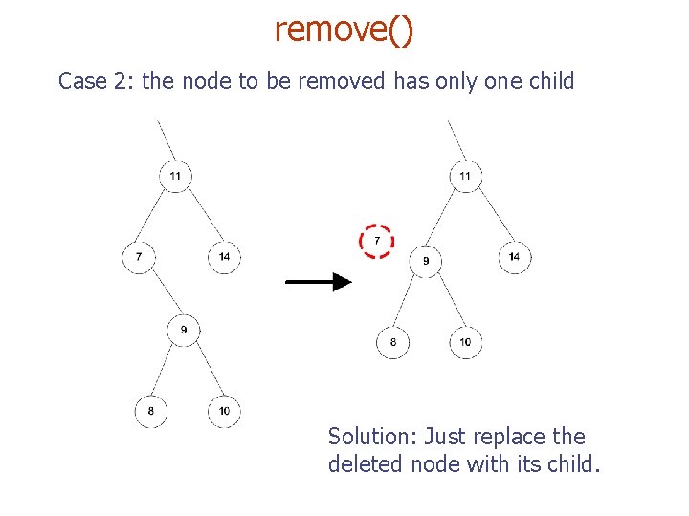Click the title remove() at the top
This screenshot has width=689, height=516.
(x=344, y=31)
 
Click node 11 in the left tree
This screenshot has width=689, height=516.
(x=175, y=176)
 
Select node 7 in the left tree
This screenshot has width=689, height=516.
(x=139, y=257)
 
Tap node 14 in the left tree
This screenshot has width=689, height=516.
(x=225, y=257)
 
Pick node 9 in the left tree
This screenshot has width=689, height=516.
(x=183, y=331)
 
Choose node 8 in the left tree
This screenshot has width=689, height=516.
(x=150, y=411)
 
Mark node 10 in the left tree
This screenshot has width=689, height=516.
(x=224, y=411)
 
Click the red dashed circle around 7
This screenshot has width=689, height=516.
(x=377, y=241)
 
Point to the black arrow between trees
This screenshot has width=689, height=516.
(x=319, y=282)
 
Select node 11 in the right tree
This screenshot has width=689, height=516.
(x=466, y=176)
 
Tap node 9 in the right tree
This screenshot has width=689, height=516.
(x=426, y=261)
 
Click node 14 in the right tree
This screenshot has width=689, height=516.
(x=515, y=257)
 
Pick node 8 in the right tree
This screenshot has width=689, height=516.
(x=392, y=342)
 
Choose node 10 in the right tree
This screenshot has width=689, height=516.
(x=466, y=342)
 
